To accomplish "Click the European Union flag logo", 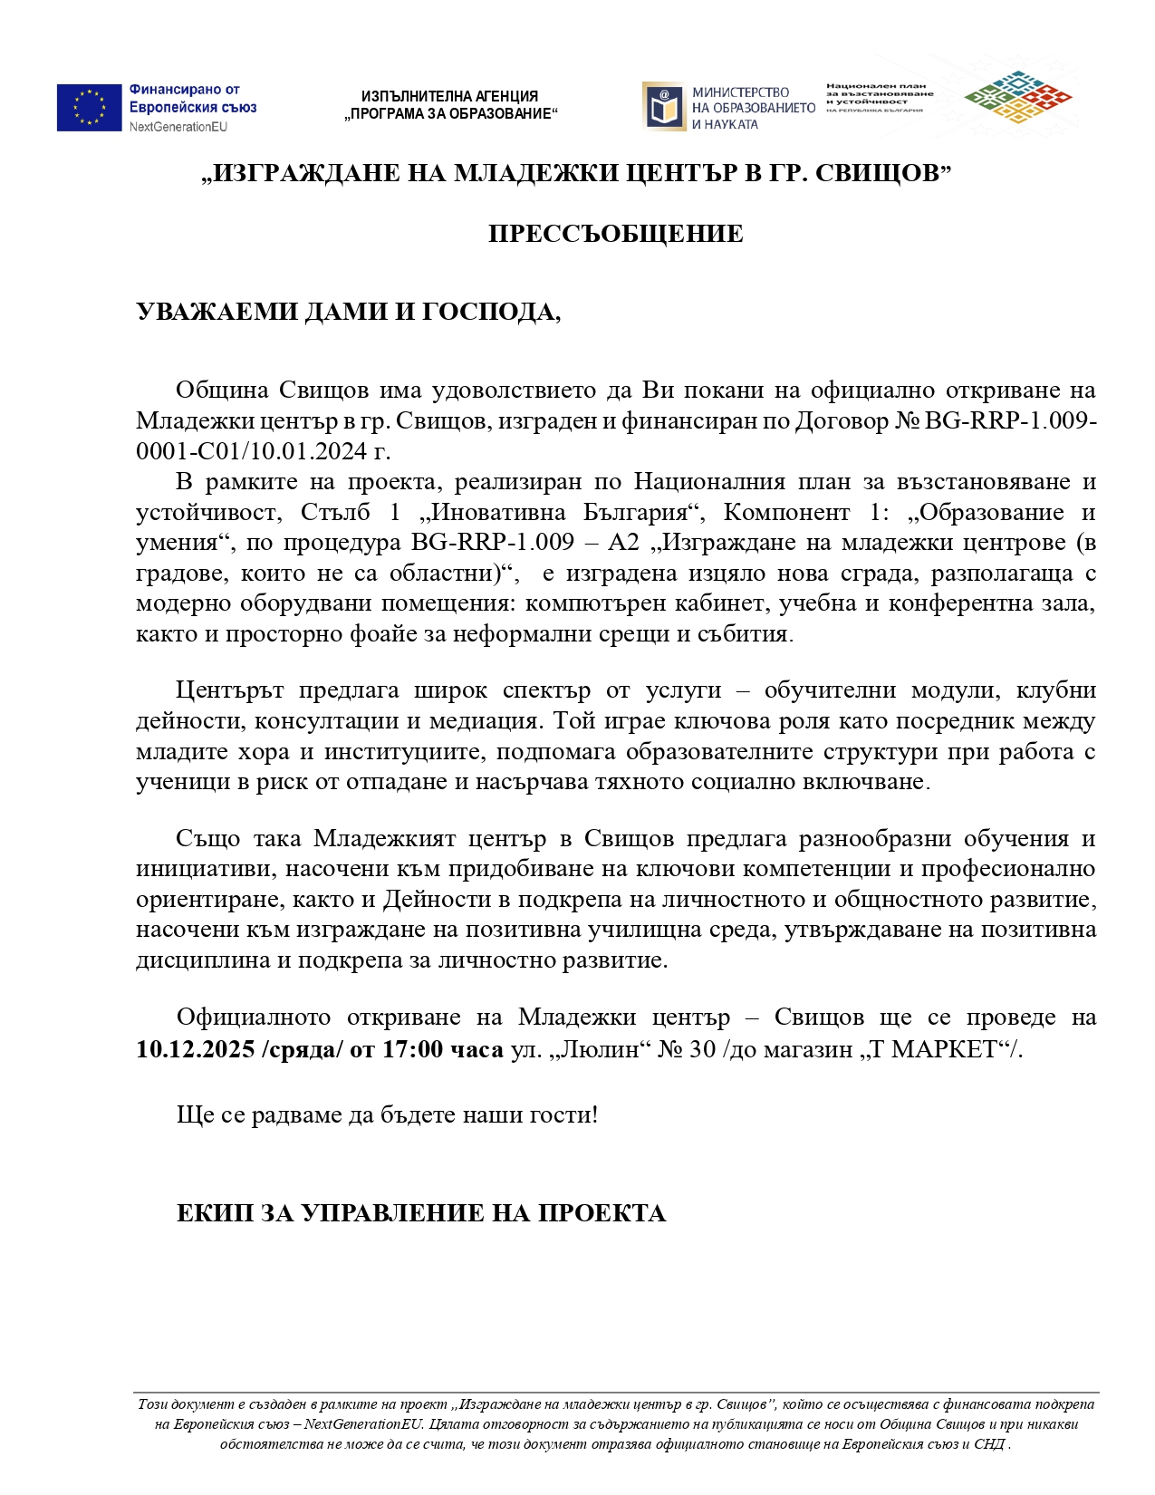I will [89, 108].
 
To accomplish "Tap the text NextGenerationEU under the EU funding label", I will [178, 127].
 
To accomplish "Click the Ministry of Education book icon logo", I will [663, 107].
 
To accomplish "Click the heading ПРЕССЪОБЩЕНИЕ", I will [615, 234].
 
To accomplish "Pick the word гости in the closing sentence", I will [566, 1114].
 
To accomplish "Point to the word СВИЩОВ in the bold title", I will [876, 173].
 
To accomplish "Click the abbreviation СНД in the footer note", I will [989, 1444].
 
